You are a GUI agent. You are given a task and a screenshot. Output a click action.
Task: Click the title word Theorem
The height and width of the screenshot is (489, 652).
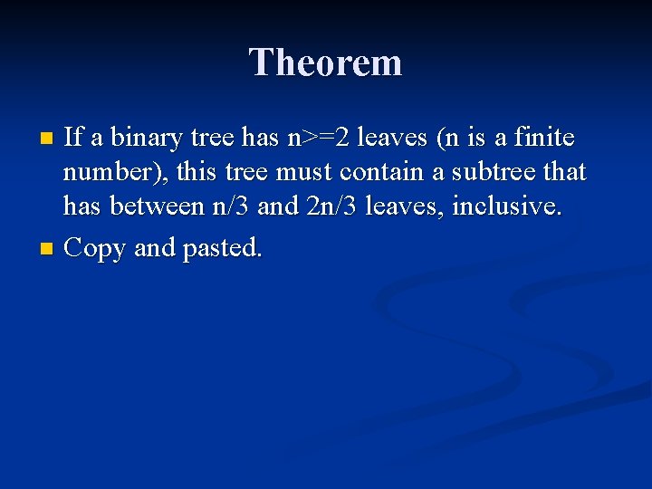pos(326,62)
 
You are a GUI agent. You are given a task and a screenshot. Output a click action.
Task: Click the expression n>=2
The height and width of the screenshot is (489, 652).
pos(319,139)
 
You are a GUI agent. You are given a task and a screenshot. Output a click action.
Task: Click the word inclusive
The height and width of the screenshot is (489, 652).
pos(506,206)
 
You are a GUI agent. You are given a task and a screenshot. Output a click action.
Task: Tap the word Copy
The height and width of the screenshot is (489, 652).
pos(96,248)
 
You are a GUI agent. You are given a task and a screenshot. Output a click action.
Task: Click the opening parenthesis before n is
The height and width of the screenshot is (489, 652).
pos(441,139)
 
